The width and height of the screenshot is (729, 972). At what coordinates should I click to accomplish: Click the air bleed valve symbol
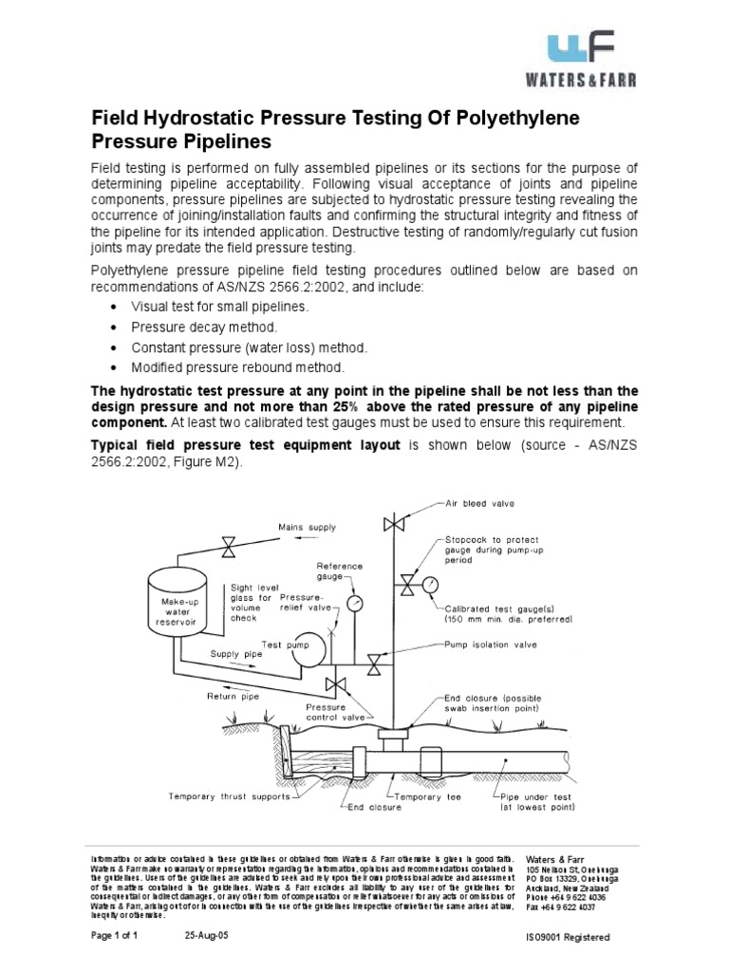[x=388, y=524]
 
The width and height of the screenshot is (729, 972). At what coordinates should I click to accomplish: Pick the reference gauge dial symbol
[x=355, y=603]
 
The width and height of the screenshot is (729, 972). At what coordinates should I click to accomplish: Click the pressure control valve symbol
[x=334, y=684]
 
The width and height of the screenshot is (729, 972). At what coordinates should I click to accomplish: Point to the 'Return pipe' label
[x=234, y=696]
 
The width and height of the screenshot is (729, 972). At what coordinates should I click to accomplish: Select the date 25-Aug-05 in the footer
[x=206, y=935]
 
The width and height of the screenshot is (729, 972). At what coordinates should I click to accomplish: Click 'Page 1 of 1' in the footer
[x=115, y=935]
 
